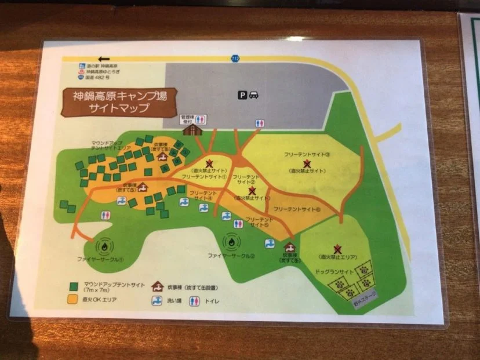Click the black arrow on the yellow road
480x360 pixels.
(105, 59)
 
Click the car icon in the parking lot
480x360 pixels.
(253, 96)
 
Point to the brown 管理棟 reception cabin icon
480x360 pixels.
(189, 129)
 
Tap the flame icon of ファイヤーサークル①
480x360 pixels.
(104, 246)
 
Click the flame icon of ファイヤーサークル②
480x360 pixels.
(231, 241)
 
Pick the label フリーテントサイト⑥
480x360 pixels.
(296, 209)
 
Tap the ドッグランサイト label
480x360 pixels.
(336, 271)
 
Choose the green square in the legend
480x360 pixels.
(74, 286)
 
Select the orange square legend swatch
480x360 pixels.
(74, 300)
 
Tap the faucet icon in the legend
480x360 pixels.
(157, 301)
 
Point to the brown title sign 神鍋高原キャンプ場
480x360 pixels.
(119, 101)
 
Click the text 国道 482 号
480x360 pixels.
(96, 77)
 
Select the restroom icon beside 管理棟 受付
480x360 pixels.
(201, 119)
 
